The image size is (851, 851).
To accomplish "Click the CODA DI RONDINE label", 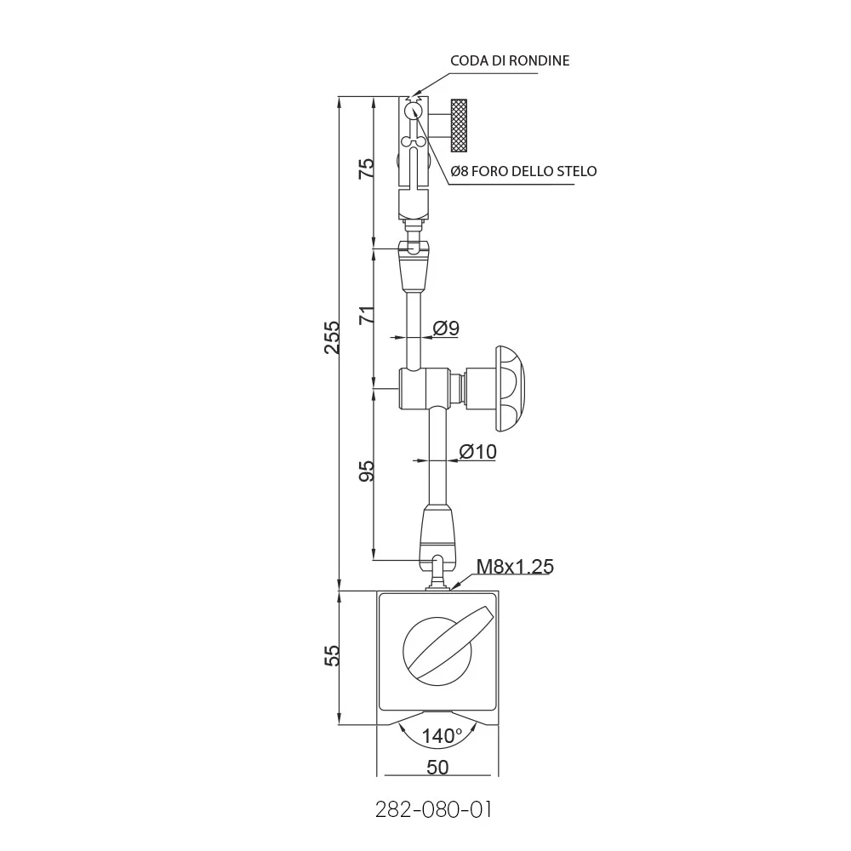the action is (510, 60).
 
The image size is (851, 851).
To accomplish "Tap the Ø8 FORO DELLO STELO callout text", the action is (523, 171).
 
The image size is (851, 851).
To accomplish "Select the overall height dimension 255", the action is (332, 338).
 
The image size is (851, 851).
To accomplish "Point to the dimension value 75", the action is (368, 168).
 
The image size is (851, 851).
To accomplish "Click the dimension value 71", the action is (368, 316).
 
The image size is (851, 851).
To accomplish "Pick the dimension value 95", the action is (368, 471).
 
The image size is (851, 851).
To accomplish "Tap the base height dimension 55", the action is (332, 655).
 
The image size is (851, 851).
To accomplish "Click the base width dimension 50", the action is (437, 767).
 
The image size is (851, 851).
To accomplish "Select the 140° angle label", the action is (442, 736).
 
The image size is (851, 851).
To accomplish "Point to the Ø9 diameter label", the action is (446, 328).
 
